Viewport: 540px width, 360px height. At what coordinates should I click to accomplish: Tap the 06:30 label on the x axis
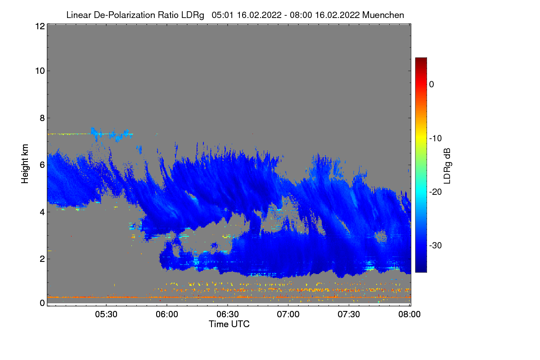227,315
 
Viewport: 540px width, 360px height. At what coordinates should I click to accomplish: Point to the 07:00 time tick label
288,315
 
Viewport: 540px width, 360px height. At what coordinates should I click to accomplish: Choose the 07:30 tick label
349,315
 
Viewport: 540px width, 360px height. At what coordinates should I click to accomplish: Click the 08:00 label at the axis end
409,315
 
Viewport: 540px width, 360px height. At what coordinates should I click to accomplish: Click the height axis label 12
40,27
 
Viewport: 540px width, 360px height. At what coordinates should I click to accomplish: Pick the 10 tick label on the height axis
40,71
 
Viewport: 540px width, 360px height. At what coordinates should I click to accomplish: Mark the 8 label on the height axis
42,118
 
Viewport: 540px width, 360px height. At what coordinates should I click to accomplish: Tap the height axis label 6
42,165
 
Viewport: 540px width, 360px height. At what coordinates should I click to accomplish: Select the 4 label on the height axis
42,212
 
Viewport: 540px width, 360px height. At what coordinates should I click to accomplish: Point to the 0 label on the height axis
42,303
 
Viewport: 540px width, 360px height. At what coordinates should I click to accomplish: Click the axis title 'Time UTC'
229,324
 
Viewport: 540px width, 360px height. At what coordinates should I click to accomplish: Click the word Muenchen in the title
383,15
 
